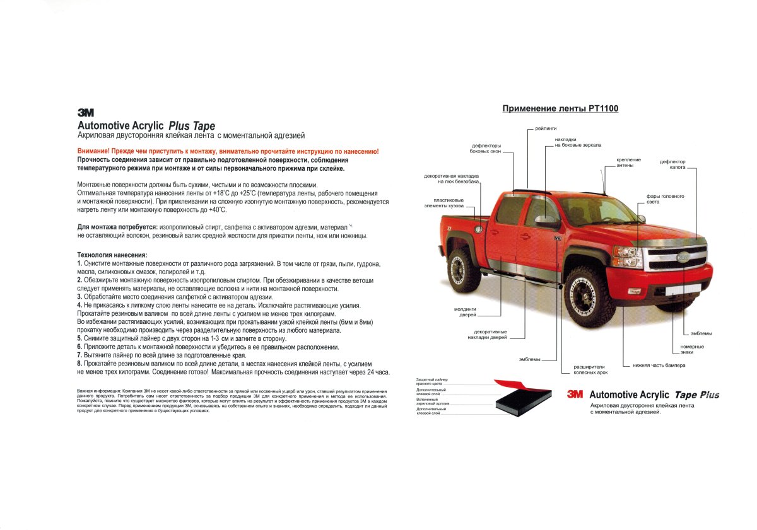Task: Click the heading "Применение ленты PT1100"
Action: click(560, 108)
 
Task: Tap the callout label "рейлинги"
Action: click(546, 128)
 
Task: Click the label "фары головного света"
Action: click(665, 199)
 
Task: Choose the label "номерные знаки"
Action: click(692, 349)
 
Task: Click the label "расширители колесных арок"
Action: click(590, 369)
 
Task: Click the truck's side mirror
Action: click(546, 221)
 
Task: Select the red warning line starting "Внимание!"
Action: click(228, 152)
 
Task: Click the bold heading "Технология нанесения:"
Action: click(112, 255)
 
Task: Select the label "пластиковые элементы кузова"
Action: click(444, 203)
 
